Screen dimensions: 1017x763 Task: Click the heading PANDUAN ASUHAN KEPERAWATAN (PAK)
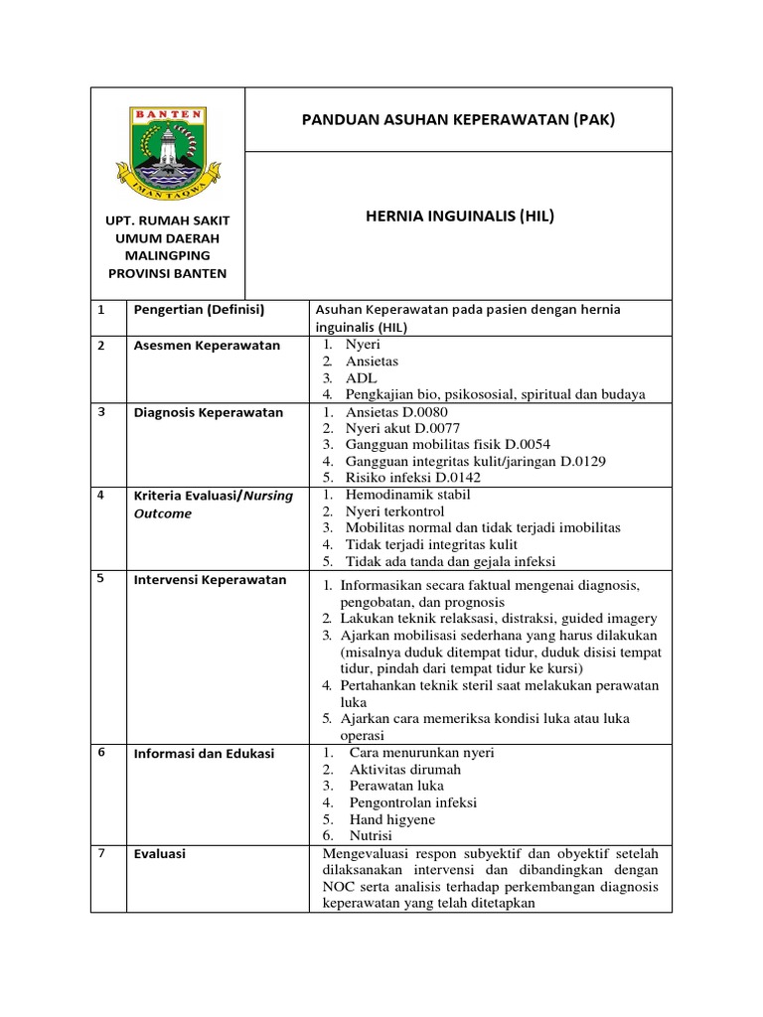pyautogui.click(x=458, y=120)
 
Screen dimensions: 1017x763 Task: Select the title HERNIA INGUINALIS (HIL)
pyautogui.click(x=458, y=215)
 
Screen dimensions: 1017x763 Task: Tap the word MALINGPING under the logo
pyautogui.click(x=167, y=255)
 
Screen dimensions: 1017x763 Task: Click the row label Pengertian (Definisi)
pyautogui.click(x=199, y=310)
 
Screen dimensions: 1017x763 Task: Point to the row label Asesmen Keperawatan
pyautogui.click(x=207, y=346)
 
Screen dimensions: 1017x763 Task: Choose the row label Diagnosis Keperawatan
pyautogui.click(x=209, y=412)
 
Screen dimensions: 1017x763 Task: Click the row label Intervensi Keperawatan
pyautogui.click(x=210, y=580)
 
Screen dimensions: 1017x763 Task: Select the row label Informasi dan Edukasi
pyautogui.click(x=204, y=754)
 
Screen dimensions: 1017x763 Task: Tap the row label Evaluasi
pyautogui.click(x=160, y=854)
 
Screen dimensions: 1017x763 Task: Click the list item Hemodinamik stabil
pyautogui.click(x=407, y=495)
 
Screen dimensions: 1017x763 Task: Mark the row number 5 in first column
pyautogui.click(x=101, y=579)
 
